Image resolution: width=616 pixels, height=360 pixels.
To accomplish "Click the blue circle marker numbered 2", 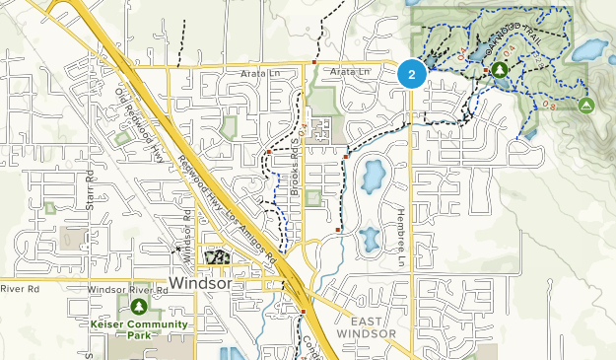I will click(x=412, y=74).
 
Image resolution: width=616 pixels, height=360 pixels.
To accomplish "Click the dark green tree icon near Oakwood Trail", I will click(x=501, y=70).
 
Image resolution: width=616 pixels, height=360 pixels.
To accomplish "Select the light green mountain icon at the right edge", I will click(x=586, y=105).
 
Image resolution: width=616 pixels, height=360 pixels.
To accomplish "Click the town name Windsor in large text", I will click(x=200, y=283).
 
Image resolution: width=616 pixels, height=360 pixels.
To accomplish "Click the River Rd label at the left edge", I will click(x=19, y=290).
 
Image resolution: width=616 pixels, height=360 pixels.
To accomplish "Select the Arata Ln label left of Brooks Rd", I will click(x=259, y=72).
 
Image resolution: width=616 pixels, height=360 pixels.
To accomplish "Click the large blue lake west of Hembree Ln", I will click(x=373, y=177).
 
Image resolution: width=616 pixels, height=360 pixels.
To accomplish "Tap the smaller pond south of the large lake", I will click(x=370, y=238).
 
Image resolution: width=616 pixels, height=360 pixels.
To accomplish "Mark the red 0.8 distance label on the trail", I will click(x=548, y=102).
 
